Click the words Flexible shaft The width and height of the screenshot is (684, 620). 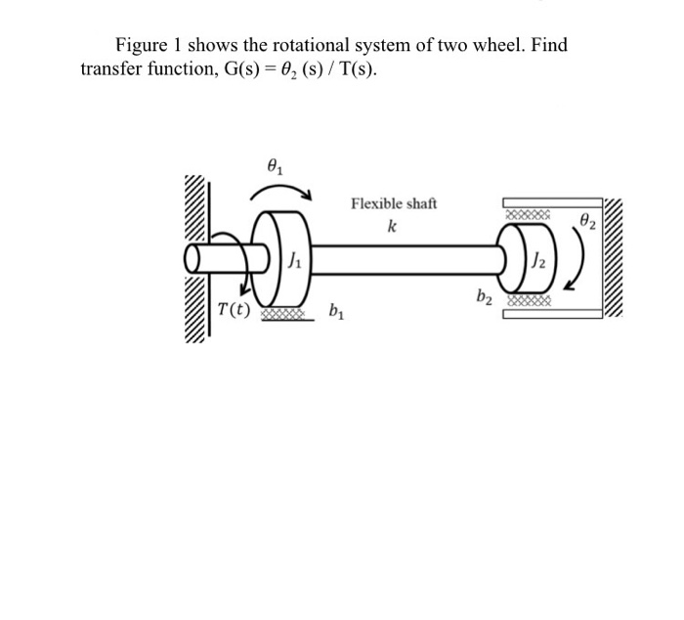pyautogui.click(x=394, y=204)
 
